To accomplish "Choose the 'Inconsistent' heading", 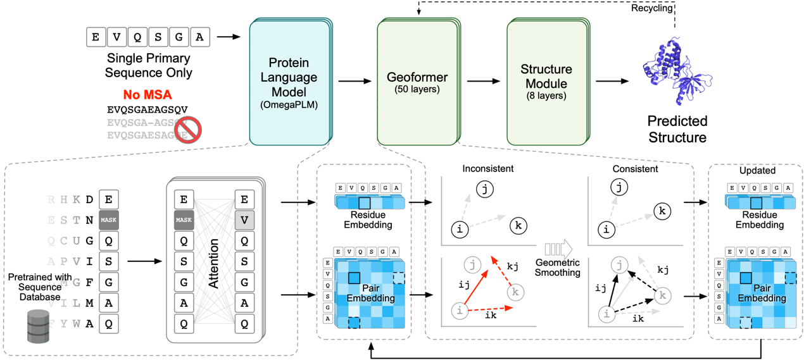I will pyautogui.click(x=487, y=170).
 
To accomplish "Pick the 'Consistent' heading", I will pyautogui.click(x=635, y=170).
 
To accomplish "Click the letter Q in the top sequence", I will pyautogui.click(x=137, y=37).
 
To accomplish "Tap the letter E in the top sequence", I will pyautogui.click(x=96, y=37).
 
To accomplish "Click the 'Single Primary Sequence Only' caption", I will pyautogui.click(x=149, y=66).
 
